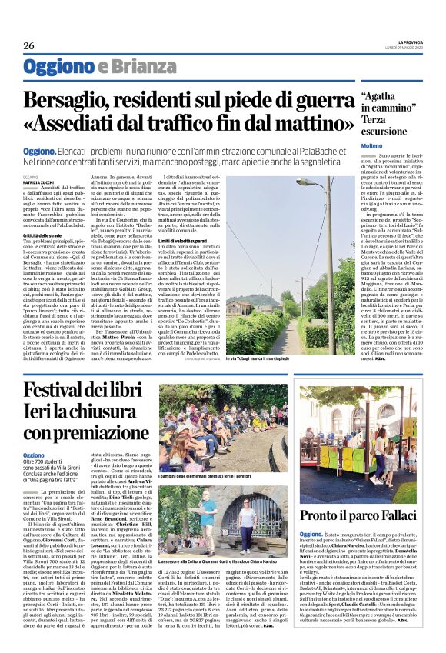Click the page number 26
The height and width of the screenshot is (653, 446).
tap(28, 45)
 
